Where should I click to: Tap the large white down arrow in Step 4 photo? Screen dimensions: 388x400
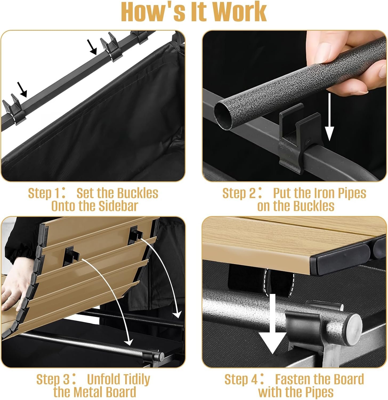pos(272,323)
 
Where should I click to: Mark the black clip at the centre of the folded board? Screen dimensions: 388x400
pos(71,255)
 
